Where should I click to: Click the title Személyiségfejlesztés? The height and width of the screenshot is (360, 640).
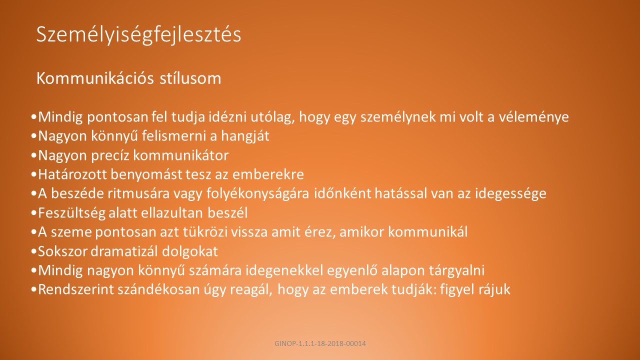coord(139,35)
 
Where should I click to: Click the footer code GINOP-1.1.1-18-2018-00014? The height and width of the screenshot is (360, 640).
coord(320,343)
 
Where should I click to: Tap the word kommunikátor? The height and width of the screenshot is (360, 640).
coord(181,155)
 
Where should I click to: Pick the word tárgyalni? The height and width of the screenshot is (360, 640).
coord(457,270)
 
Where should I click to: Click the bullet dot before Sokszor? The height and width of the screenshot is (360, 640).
coord(34,251)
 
